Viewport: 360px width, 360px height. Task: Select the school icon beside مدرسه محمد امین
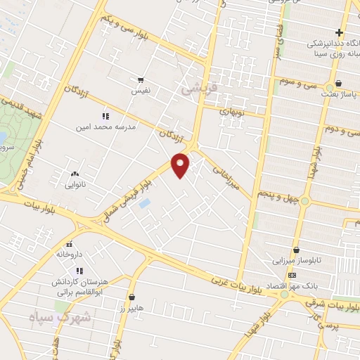coord(105,116)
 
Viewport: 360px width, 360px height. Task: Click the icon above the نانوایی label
coord(75,174)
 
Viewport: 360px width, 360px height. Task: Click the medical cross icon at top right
coord(339,32)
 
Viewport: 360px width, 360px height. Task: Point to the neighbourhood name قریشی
coord(195,89)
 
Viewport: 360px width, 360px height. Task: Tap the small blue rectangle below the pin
coord(144,204)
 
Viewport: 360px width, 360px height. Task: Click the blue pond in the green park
coord(4,136)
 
